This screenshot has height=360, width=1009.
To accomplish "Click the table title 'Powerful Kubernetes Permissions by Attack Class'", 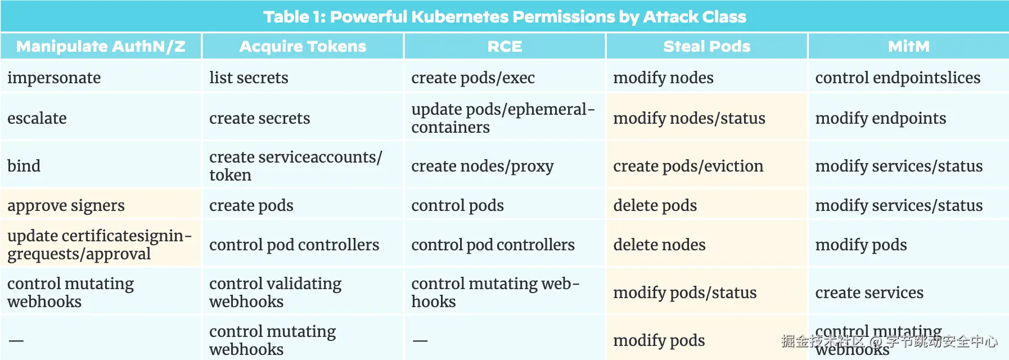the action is point(504,17).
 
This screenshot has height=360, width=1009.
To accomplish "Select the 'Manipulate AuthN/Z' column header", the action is point(101,46).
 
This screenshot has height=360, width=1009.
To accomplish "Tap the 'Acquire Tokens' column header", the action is point(303,46).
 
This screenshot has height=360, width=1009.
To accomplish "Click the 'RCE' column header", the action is point(504,46).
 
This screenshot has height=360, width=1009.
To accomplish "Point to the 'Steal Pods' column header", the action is point(706,46).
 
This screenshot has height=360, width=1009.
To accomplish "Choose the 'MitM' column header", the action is point(908,46).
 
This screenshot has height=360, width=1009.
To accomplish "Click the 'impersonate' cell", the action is point(54,78).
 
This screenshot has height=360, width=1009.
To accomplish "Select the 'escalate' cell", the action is point(37,118).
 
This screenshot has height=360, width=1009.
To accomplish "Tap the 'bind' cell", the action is point(24,166).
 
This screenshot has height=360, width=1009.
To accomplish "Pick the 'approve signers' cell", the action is point(66,205).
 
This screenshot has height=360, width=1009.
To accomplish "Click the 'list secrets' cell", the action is point(249,78).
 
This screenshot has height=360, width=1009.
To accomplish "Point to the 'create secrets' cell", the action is point(259,118).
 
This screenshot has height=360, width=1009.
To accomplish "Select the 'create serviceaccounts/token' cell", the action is point(295,166).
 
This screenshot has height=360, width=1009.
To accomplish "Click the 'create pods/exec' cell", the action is point(472,78).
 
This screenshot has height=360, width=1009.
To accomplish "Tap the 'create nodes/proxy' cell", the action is point(482,166).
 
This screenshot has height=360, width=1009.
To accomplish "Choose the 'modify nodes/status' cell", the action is point(689,118).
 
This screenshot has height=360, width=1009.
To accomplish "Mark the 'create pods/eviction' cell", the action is point(688,166).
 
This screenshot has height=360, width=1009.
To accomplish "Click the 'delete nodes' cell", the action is point(659,245).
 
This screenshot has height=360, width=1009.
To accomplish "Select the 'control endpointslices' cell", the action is point(898,78).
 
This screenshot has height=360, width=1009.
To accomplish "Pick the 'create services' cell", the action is point(869,292).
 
